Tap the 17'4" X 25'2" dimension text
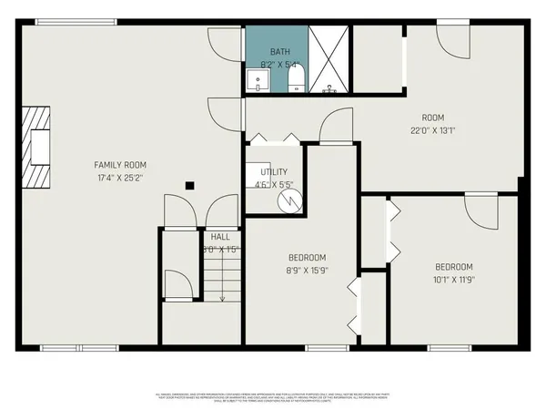click(119, 177)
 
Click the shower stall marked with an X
click(329, 59)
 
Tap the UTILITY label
click(274, 171)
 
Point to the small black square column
click(189, 186)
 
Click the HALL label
click(219, 236)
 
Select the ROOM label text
click(432, 117)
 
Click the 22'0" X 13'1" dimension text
click(432, 129)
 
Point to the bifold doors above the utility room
click(275, 138)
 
